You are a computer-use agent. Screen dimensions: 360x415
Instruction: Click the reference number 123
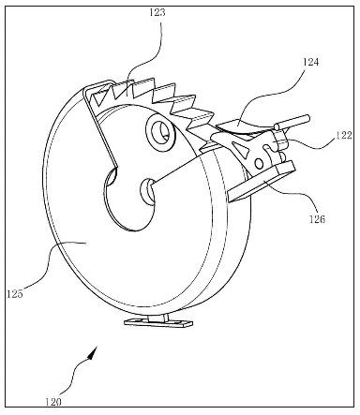click(157, 13)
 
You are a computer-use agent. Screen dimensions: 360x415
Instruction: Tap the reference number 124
click(311, 62)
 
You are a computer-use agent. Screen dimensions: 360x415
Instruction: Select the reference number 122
click(344, 136)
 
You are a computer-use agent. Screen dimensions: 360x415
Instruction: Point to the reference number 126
click(317, 219)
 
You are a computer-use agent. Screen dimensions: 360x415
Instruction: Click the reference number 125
click(15, 294)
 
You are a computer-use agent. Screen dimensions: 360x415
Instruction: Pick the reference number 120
click(53, 402)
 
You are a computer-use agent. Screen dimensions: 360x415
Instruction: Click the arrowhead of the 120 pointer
click(93, 352)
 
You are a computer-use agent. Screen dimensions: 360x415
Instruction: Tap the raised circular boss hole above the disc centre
click(159, 131)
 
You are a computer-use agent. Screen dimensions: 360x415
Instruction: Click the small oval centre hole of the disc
click(148, 191)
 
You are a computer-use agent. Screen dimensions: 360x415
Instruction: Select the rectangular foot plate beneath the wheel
click(158, 322)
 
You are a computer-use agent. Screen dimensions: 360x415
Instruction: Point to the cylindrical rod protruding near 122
click(292, 122)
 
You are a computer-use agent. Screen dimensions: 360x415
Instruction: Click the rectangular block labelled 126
click(262, 181)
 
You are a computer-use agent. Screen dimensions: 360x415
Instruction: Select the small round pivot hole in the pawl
click(259, 163)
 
